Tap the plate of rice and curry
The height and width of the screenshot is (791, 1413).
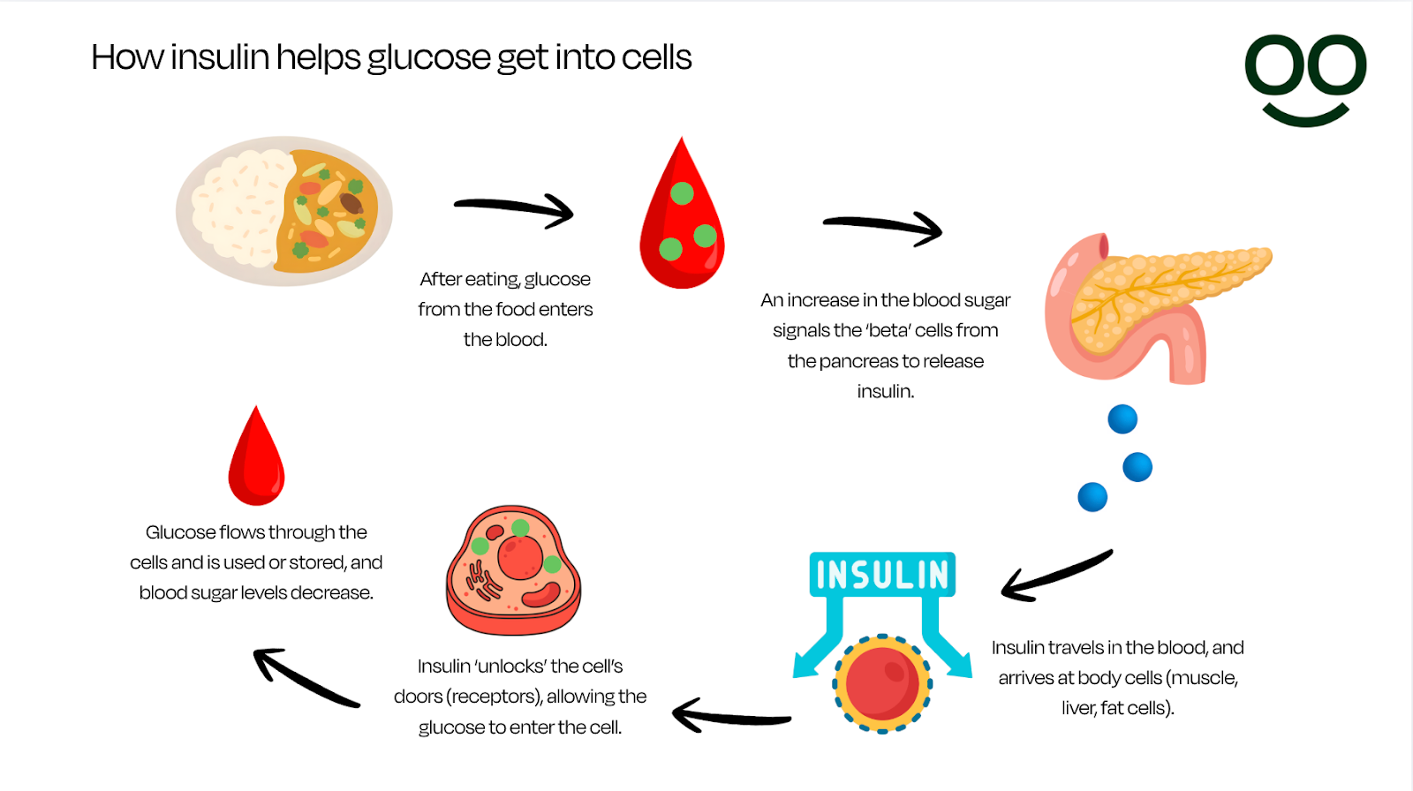(x=284, y=211)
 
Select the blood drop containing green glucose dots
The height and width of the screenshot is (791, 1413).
(x=682, y=225)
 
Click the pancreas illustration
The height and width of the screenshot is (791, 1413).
(x=1148, y=305)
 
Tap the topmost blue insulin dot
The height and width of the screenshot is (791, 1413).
(x=1122, y=418)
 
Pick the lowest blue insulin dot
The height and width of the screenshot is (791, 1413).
(x=1092, y=497)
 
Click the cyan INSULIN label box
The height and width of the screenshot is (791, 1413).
(x=882, y=575)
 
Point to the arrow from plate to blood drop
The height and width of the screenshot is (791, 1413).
(x=516, y=210)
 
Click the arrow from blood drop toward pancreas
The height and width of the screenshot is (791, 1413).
(x=884, y=228)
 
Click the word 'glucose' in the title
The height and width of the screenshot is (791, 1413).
(x=428, y=58)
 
